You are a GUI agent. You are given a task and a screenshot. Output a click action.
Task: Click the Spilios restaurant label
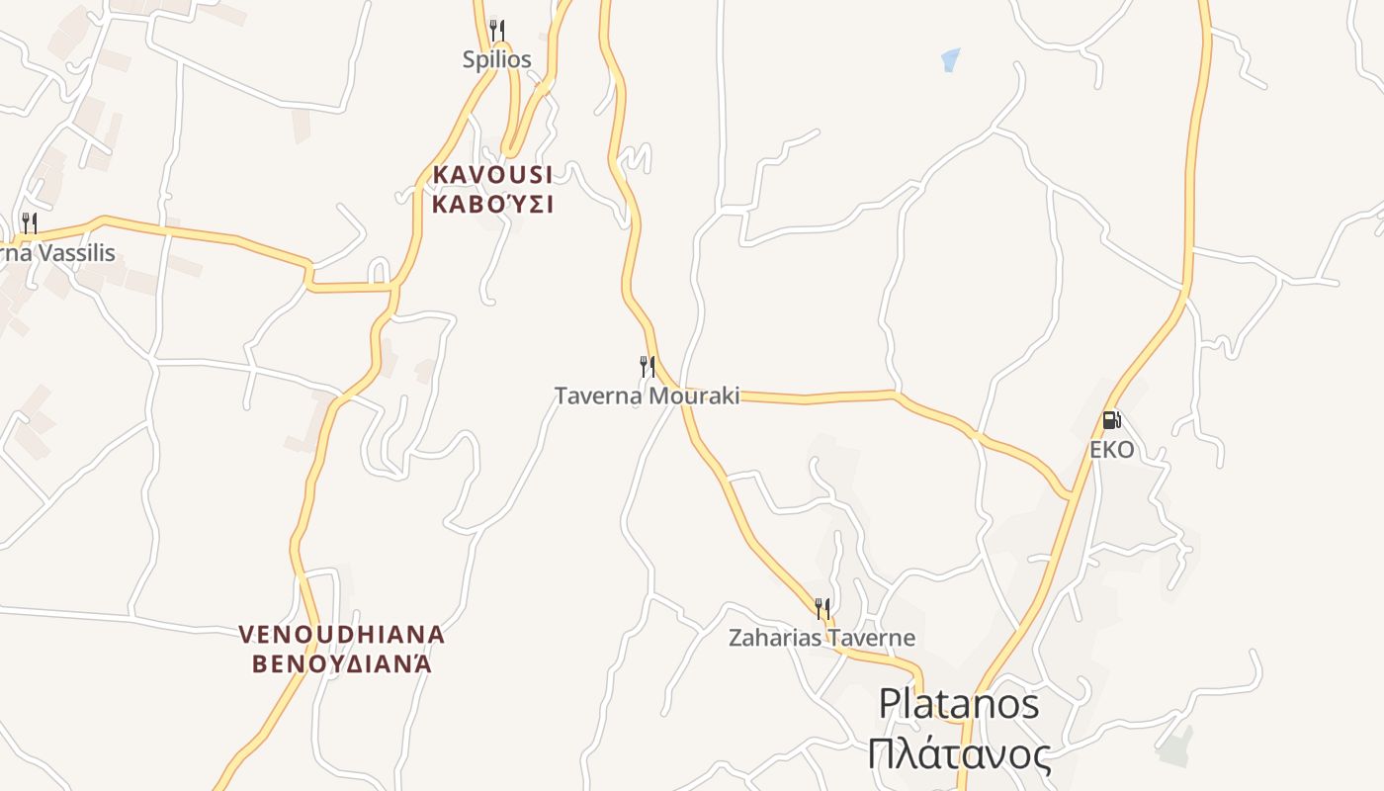pos(496,59)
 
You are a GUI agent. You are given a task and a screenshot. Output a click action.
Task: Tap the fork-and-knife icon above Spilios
pos(496,31)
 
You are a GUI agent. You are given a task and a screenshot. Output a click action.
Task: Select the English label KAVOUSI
pos(492,175)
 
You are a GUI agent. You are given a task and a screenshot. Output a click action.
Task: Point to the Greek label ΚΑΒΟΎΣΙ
pos(492,205)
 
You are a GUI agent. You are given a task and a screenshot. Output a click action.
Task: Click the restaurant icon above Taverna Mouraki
pos(648,367)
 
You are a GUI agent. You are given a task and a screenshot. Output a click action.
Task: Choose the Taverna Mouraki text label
pos(647,396)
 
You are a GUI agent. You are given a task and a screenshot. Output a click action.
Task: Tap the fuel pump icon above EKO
pos(1111,420)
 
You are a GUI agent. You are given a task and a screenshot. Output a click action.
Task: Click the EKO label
pos(1111,451)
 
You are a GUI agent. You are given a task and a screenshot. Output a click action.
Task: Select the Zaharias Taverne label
pos(822,638)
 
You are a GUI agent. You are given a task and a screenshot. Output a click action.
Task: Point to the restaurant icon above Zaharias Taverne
pos(822,608)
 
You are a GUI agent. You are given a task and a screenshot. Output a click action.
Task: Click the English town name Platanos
pos(959,704)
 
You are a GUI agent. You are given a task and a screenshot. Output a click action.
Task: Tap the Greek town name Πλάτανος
pos(959,754)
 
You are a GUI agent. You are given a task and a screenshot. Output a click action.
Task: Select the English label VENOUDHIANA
pos(342,634)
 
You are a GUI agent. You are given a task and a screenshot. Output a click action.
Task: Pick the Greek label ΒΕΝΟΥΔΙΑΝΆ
pos(342,663)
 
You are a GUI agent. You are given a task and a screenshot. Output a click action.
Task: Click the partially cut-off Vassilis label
pos(57,253)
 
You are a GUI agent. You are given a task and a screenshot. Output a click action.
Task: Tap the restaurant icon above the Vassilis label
pos(30,222)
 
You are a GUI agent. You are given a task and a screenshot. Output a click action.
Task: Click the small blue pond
pos(950,59)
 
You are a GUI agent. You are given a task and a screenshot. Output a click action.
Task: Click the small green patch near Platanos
pos(1175,747)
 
